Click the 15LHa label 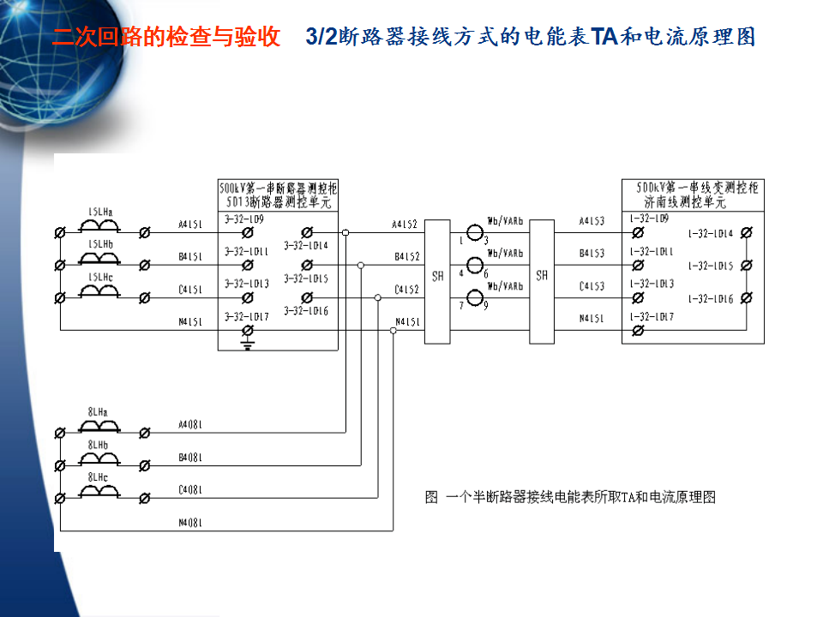99,210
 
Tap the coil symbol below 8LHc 99,490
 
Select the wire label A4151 190,225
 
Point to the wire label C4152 405,290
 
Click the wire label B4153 592,253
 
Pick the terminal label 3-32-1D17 247,317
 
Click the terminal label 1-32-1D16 711,299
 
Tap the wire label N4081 190,522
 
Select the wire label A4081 190,424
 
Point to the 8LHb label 98,446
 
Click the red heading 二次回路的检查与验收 166,38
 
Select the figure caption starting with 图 570,497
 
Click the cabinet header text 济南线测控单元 685,203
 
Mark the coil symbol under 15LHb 99,259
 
